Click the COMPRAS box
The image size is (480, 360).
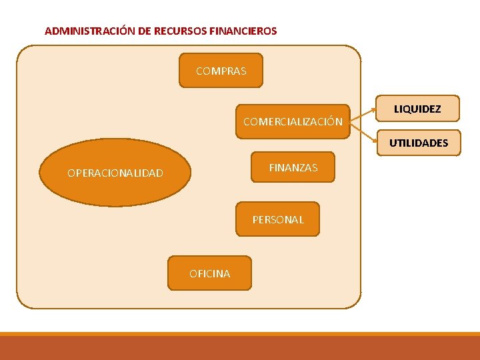[221, 71]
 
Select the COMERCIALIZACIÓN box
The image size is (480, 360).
[293, 121]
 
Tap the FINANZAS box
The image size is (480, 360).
[293, 168]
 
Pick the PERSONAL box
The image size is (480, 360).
[277, 219]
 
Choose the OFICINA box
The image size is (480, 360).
[209, 273]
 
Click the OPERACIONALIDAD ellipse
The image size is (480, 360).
[115, 173]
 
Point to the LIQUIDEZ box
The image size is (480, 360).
[417, 109]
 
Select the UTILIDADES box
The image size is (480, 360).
[419, 143]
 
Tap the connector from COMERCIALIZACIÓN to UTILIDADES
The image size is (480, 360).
[364, 133]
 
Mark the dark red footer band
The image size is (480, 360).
[240, 348]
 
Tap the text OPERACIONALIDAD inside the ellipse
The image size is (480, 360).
[115, 173]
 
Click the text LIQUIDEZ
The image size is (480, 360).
[417, 109]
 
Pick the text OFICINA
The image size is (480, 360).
[209, 273]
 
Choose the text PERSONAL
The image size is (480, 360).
[277, 219]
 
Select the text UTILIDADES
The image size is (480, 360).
[419, 143]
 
